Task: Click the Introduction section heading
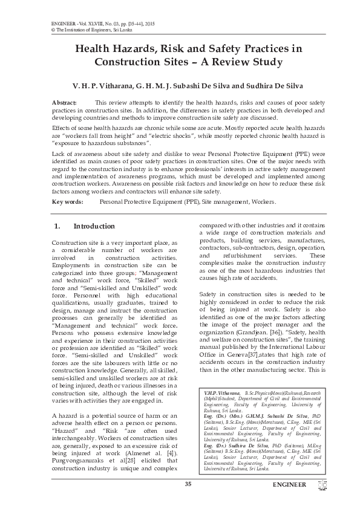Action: tap(94, 226)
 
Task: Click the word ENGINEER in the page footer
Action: tap(289, 485)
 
